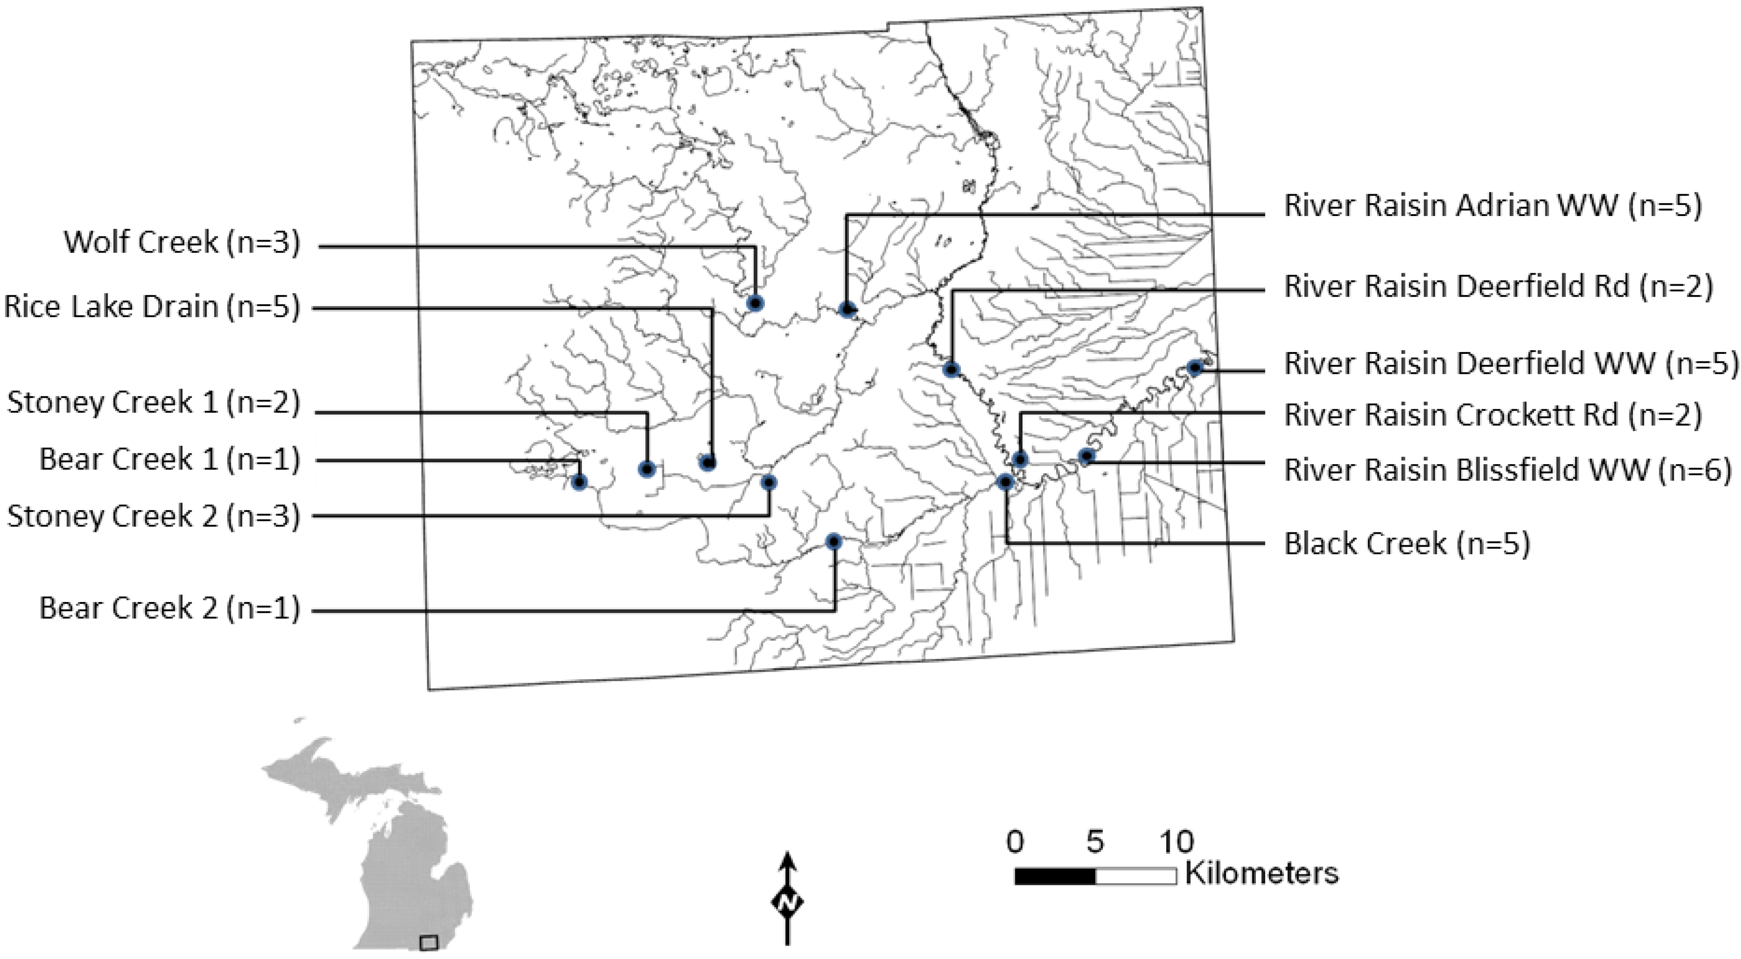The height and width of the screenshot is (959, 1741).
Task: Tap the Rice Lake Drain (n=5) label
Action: click(151, 307)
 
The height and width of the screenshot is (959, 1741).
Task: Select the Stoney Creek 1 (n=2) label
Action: click(153, 403)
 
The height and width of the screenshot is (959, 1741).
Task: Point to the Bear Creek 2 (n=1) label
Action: click(169, 608)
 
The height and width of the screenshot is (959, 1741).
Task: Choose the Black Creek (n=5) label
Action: click(1406, 544)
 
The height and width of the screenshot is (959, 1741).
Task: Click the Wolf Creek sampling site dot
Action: click(756, 303)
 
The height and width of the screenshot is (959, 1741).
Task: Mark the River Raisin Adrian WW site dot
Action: click(846, 309)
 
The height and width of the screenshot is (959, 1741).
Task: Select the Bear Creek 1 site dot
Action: click(579, 482)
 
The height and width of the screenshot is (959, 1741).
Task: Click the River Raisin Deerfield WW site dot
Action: click(1194, 368)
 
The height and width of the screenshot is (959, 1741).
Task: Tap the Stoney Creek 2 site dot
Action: click(769, 482)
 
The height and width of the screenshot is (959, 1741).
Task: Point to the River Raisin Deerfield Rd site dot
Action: click(952, 369)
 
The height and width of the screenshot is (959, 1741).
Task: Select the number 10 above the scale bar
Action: click(1177, 842)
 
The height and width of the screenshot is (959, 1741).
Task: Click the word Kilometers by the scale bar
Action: click(1261, 874)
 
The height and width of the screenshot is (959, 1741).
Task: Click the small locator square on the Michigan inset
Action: click(428, 942)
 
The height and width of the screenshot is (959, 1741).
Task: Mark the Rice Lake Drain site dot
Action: click(708, 463)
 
